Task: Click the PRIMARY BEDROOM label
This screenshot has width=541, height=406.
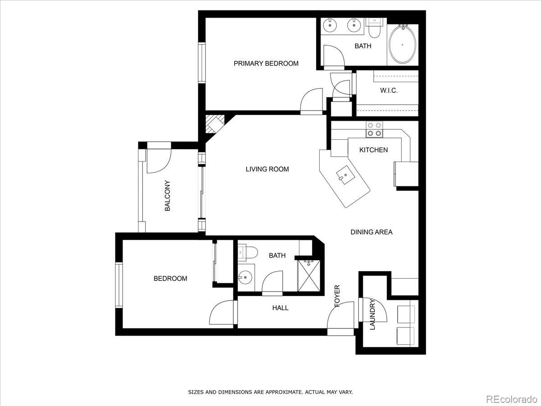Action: (x=266, y=64)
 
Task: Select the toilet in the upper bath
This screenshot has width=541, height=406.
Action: (x=374, y=29)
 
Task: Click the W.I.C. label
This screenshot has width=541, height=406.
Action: (x=389, y=91)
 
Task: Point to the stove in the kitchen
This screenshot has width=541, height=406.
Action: (x=374, y=129)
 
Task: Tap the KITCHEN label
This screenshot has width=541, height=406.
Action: (x=373, y=150)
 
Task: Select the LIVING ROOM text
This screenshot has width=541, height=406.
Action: (x=267, y=169)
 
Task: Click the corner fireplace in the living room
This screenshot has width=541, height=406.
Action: (x=214, y=124)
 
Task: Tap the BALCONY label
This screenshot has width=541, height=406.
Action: (x=167, y=196)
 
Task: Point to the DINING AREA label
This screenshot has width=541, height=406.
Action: (x=371, y=232)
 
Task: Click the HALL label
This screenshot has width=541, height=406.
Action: (x=280, y=308)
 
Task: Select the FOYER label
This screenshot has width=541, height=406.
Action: (x=337, y=296)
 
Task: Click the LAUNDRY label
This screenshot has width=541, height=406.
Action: (x=372, y=314)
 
